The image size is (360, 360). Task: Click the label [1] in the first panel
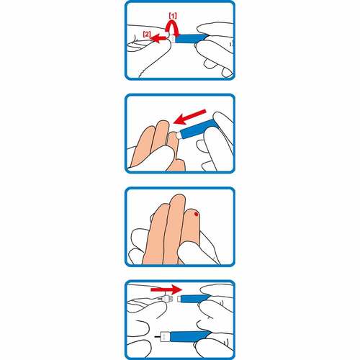point(174,14)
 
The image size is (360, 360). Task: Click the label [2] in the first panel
point(146,34)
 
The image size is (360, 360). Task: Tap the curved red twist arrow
point(174,27)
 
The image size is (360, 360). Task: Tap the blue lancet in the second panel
point(195,130)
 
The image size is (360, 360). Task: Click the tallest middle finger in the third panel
point(175,223)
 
